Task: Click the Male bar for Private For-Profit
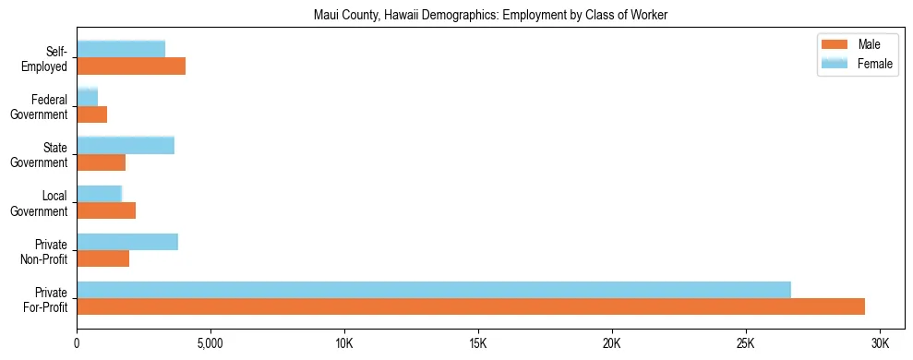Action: click(471, 306)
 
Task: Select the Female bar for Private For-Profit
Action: click(434, 290)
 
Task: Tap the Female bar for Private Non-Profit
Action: click(127, 242)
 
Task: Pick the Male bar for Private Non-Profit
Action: click(102, 258)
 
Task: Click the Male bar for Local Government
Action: click(106, 210)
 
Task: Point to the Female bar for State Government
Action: click(126, 145)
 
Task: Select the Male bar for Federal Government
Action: click(91, 114)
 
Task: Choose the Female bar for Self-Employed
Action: click(121, 49)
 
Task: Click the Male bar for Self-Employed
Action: click(131, 66)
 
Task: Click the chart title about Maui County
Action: click(490, 14)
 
